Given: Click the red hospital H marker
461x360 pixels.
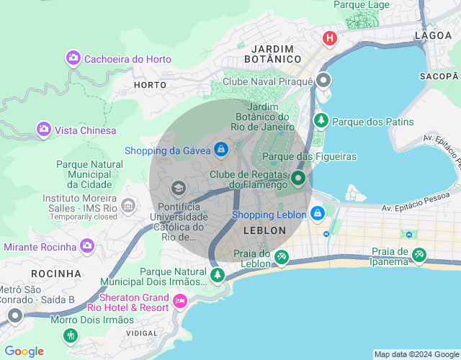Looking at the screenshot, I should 330,38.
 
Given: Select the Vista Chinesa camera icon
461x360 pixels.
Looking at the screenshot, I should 44,130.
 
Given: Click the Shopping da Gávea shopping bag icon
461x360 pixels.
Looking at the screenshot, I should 221,149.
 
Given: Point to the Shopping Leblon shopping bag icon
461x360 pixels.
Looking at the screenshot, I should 317,213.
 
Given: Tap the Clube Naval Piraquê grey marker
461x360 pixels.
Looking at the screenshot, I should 324,81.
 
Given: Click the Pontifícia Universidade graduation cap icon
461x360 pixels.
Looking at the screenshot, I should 177,189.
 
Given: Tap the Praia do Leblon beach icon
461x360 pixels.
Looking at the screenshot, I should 282,256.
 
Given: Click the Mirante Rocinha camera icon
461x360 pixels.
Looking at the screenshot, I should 87,246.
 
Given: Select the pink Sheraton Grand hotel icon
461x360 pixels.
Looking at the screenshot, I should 180,301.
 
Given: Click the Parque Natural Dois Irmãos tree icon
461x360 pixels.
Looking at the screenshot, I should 218,274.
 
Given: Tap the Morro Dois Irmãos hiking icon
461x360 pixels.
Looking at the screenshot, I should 70,335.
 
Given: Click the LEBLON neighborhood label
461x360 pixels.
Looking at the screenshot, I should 264,230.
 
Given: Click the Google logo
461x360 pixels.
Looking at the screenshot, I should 24,351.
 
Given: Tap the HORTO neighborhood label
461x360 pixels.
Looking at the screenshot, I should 150,85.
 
